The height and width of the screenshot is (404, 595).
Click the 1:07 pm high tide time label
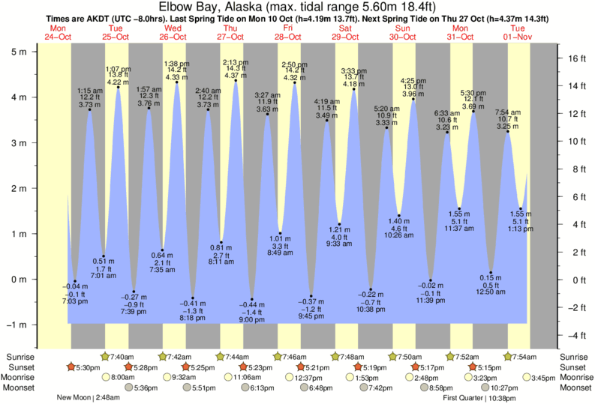[118, 69]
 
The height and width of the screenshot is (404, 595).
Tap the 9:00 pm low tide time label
[252, 319]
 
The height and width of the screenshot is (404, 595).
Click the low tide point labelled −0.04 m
[75, 281]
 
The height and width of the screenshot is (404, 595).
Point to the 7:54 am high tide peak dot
[508, 133]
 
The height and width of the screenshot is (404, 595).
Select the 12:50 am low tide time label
[491, 291]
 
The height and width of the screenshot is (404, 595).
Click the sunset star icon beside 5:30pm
[71, 367]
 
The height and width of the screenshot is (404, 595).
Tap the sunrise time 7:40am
[122, 357]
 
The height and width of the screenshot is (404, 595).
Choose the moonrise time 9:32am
[185, 378]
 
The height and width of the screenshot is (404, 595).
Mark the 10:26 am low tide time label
[398, 235]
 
